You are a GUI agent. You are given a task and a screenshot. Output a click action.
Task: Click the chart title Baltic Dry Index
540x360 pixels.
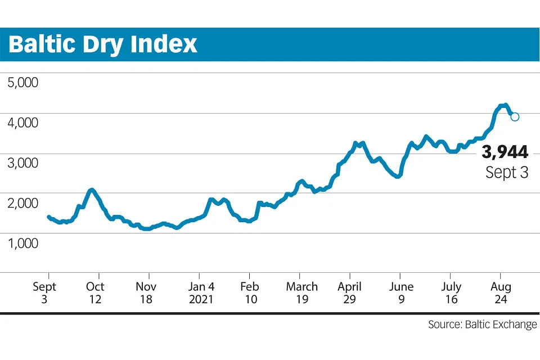point(103,44)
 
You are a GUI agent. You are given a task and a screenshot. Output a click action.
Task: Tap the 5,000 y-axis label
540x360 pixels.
point(23,83)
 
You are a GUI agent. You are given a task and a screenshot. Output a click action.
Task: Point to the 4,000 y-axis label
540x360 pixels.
point(23,123)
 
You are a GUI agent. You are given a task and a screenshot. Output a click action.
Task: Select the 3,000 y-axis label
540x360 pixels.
point(23,163)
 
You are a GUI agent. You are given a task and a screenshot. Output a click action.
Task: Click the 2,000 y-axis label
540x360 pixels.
point(23,203)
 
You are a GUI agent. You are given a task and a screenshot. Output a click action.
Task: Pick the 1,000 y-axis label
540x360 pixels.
point(23,243)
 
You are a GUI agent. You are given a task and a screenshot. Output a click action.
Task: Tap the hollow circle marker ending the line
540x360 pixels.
point(515,116)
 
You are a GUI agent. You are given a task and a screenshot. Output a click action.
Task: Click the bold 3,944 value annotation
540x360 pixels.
point(505,152)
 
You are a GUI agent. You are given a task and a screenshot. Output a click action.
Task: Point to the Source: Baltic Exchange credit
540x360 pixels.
point(482,325)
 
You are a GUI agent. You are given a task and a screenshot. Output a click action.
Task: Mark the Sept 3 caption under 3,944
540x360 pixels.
point(507,173)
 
